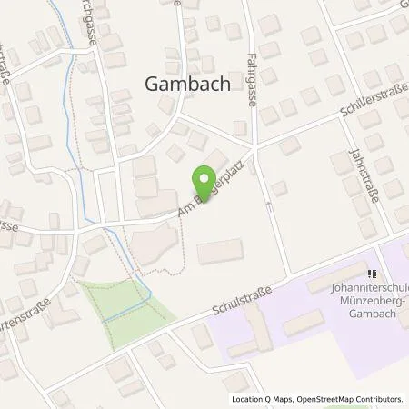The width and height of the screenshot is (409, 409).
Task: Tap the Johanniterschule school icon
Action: [371, 273]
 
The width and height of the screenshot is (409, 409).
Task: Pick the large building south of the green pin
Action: [220, 251]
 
